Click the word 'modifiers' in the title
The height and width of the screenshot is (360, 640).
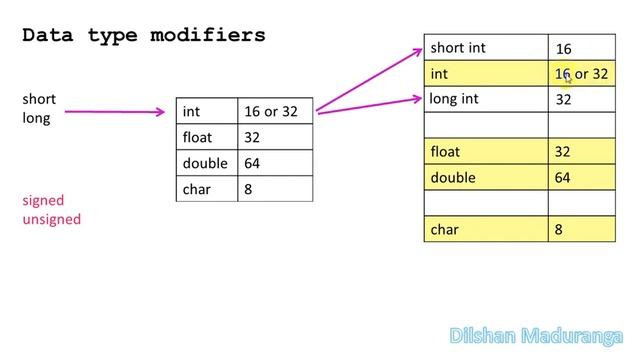208,35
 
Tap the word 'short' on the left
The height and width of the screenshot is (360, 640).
39,99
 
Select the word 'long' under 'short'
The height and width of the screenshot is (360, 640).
36,118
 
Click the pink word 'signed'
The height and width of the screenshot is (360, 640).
43,200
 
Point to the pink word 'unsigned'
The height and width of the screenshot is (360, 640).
52,219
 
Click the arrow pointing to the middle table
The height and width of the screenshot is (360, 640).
115,111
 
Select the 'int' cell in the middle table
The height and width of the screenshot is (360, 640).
207,111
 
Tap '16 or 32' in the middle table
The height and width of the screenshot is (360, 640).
271,111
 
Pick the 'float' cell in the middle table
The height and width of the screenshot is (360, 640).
207,137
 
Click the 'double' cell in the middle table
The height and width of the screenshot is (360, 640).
207,163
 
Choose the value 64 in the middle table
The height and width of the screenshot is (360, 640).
252,163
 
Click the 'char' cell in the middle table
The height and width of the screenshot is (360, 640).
207,189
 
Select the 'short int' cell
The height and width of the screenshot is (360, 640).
486,47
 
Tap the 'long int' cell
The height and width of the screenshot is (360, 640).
486,99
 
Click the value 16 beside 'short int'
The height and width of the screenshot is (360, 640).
563,49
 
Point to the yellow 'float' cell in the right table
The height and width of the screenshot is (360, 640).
486,151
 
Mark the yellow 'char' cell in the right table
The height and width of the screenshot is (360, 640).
486,229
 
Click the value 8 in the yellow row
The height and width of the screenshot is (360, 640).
558,229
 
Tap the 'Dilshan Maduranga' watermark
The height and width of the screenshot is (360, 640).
536,336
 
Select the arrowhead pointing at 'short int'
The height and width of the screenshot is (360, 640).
418,51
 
